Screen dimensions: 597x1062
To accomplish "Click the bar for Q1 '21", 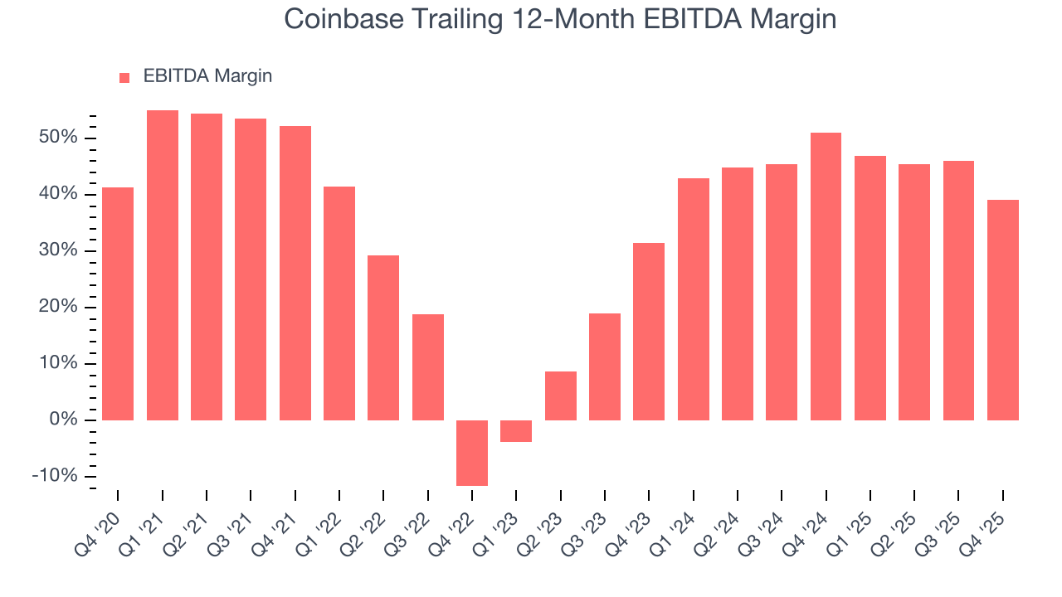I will point(163,265).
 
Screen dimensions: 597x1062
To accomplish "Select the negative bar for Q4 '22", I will point(472,453).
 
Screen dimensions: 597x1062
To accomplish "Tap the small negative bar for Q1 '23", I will point(516,431).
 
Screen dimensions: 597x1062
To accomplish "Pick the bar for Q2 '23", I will point(561,396).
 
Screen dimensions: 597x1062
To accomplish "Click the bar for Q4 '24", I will point(826,276).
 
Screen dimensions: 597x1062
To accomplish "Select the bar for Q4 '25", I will point(1002,310).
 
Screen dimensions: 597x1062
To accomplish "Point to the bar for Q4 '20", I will point(118,303).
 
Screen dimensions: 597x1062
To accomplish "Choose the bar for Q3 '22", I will point(428,366).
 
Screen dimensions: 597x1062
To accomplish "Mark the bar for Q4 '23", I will point(649,332).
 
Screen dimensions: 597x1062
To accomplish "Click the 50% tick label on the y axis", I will point(58,138).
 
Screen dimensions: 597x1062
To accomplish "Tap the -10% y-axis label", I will point(55,477).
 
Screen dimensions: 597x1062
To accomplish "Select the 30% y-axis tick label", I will point(58,250).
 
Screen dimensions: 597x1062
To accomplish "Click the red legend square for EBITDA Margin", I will point(124,77).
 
